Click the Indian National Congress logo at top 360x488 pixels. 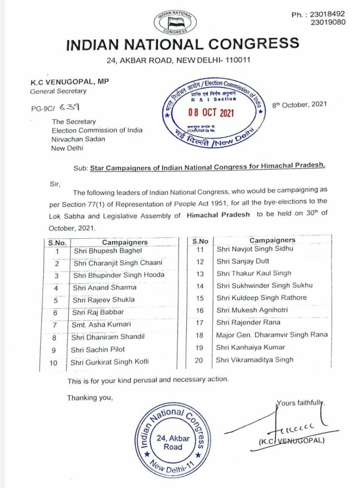[179, 21]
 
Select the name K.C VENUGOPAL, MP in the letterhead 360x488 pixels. [70, 82]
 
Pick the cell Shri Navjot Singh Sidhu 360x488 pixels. [255, 248]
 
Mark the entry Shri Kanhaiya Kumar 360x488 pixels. [250, 347]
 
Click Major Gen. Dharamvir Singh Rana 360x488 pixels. [271, 335]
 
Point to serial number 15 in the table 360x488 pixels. [200, 298]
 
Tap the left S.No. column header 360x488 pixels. [57, 242]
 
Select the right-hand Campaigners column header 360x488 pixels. [272, 240]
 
